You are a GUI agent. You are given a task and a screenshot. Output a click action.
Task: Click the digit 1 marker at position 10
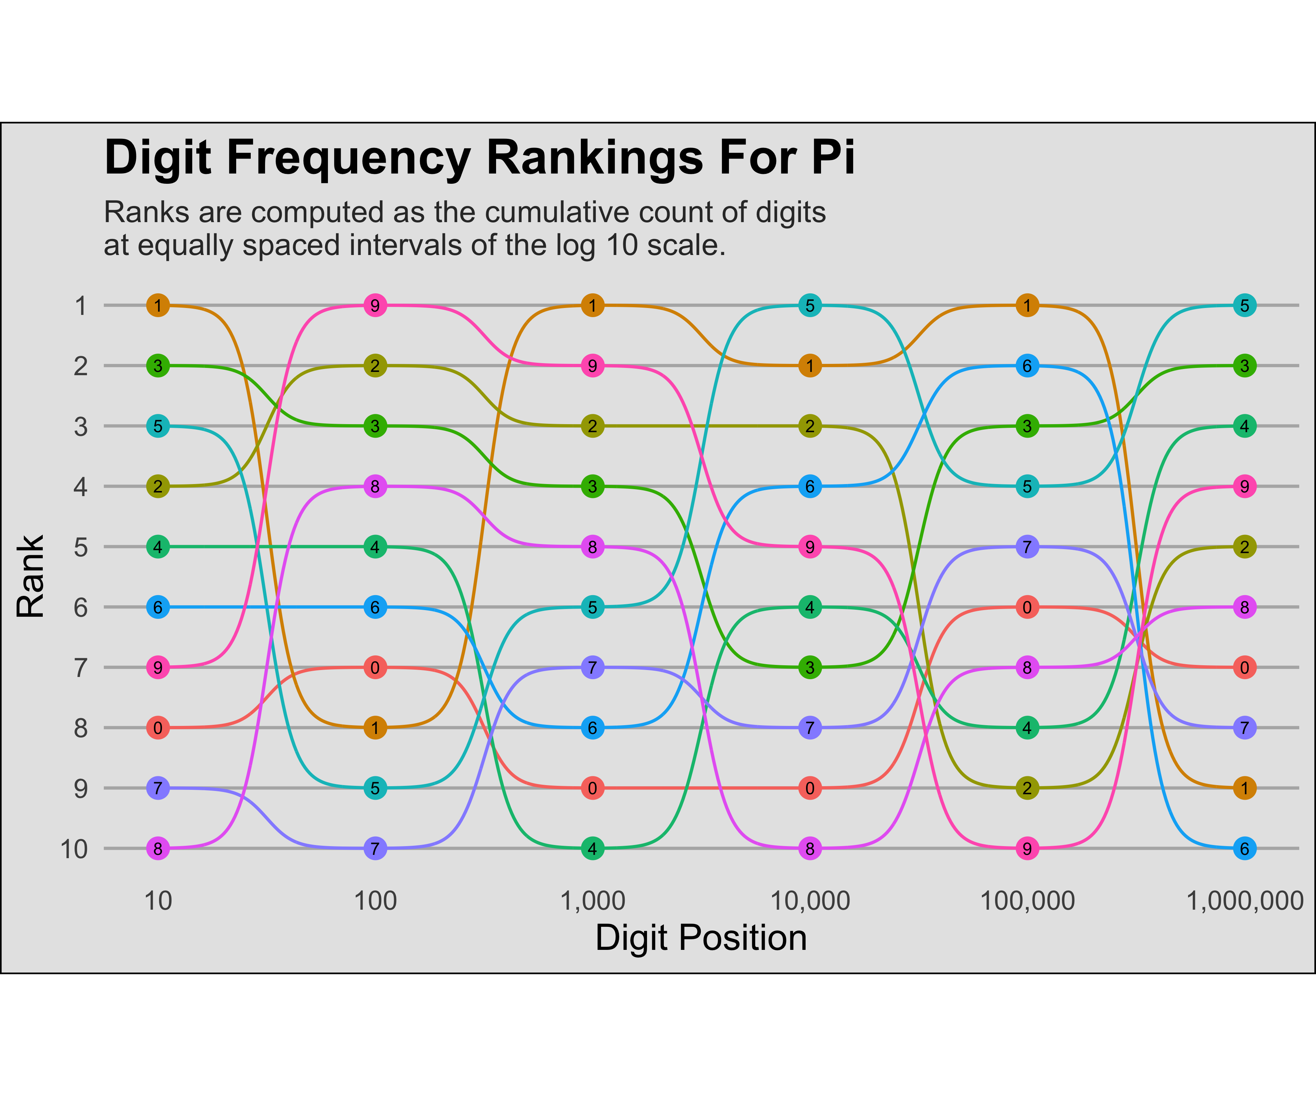coord(158,306)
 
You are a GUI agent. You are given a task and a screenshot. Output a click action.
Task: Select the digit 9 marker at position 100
coord(375,306)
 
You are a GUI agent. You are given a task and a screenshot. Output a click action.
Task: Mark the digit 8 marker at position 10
coord(158,849)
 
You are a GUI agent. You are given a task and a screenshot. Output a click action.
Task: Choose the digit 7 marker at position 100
coord(375,849)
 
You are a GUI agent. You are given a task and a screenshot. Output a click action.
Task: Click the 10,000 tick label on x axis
coord(810,901)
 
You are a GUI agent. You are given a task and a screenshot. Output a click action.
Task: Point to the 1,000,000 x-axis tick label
coord(1245,901)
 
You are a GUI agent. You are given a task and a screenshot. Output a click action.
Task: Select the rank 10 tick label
coord(74,849)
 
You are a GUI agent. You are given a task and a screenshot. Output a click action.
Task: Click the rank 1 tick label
coord(81,306)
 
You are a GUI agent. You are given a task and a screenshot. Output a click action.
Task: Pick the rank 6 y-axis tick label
coord(81,608)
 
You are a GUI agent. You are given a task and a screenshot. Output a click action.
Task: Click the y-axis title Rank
coord(31,576)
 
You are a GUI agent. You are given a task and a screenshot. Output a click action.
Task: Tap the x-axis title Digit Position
coord(701,938)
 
